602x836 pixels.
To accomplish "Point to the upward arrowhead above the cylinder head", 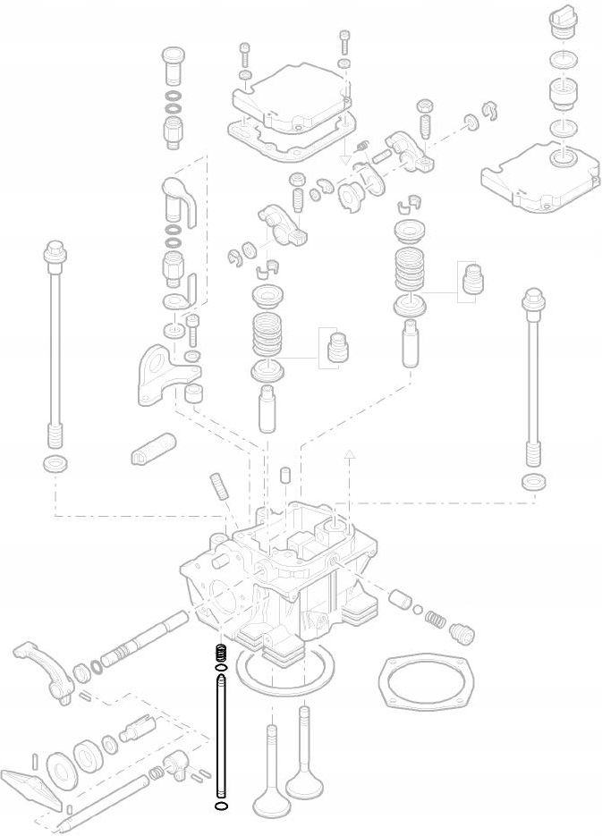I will (x=350, y=456).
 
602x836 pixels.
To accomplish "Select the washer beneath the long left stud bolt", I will (x=55, y=463).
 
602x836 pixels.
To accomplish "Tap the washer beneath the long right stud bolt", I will (x=534, y=482).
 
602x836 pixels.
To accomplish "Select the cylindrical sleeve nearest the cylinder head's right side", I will (x=399, y=597).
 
